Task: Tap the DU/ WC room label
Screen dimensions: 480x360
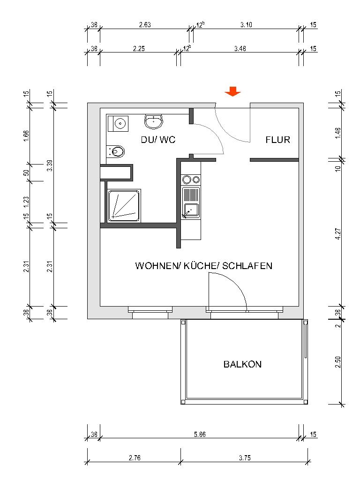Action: (158, 140)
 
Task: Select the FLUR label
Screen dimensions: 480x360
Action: (278, 140)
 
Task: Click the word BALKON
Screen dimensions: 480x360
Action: (242, 364)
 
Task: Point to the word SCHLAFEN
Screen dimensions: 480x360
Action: (247, 266)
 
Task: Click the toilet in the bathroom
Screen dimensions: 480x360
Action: (118, 151)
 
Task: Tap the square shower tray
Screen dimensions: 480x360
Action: (124, 205)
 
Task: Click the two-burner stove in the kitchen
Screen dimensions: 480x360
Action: (191, 180)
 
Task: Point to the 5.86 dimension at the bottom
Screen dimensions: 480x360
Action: (199, 435)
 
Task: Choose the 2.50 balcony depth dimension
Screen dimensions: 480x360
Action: (338, 362)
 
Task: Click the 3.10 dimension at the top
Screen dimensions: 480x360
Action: (246, 25)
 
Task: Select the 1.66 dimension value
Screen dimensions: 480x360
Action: (27, 136)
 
